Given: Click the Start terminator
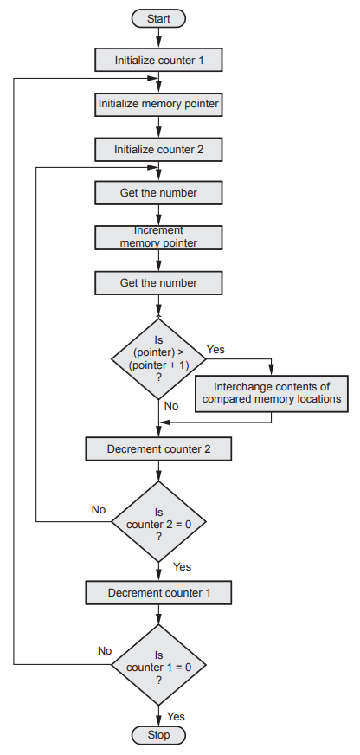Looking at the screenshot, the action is [x=158, y=19].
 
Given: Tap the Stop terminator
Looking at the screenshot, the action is [x=158, y=735].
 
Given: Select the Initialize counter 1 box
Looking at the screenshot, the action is [x=159, y=61].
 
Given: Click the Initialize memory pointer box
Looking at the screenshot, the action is [x=159, y=104].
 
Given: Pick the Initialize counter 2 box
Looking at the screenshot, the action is [x=159, y=149].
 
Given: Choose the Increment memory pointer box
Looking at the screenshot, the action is [x=159, y=238].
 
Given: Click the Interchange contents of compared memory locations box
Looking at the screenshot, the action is [x=272, y=394].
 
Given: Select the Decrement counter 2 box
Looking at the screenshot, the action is [x=159, y=449].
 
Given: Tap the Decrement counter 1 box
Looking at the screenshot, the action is [x=159, y=593].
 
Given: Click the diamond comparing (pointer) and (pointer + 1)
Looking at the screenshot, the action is [x=159, y=359].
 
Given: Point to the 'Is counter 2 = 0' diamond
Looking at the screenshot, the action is [x=159, y=521].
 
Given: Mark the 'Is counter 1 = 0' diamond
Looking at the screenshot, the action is [x=159, y=666].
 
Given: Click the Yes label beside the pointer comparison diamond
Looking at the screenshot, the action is [x=215, y=350].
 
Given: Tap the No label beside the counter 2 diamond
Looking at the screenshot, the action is [x=99, y=509].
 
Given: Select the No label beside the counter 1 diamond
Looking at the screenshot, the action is [x=105, y=651].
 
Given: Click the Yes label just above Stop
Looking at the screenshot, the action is [x=176, y=717].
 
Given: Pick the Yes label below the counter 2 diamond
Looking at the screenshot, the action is [x=182, y=567].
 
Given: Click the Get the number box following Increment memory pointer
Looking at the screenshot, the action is [x=159, y=282].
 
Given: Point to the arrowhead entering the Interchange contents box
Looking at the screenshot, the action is [x=272, y=370].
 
